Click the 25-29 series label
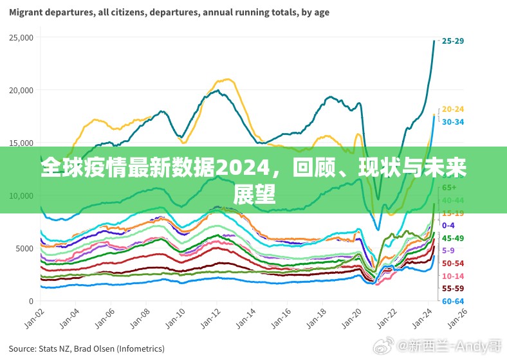pyautogui.click(x=452, y=40)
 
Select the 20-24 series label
pyautogui.click(x=453, y=109)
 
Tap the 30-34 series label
pyautogui.click(x=453, y=122)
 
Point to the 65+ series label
pyautogui.click(x=449, y=187)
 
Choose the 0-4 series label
pyautogui.click(x=448, y=225)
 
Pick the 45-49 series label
pyautogui.click(x=453, y=238)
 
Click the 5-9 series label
pyautogui.click(x=448, y=250)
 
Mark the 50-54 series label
pyautogui.click(x=453, y=263)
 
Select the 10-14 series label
pyautogui.click(x=453, y=276)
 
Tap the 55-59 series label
pyautogui.click(x=453, y=288)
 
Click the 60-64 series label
pyautogui.click(x=453, y=301)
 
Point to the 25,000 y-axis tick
pyautogui.click(x=21, y=38)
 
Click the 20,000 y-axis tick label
pyautogui.click(x=21, y=91)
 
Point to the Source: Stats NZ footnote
pyautogui.click(x=87, y=348)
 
